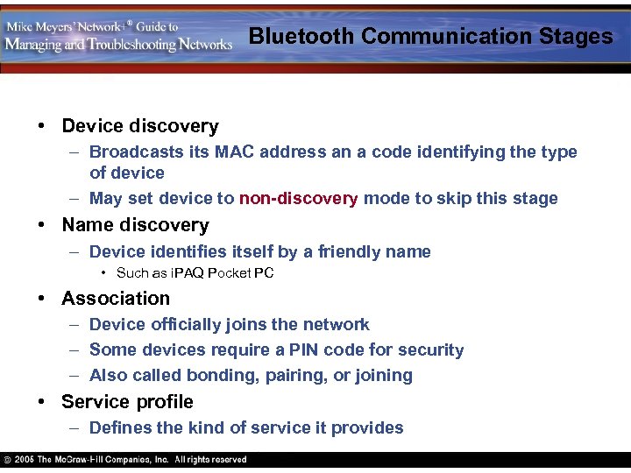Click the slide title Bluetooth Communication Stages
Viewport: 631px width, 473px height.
click(x=430, y=36)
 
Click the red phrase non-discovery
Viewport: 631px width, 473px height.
click(x=298, y=198)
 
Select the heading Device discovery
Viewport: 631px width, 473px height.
click(x=140, y=126)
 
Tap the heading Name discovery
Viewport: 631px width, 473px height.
click(x=135, y=225)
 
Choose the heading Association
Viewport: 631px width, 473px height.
click(x=116, y=298)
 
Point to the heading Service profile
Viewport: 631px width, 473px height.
click(x=127, y=401)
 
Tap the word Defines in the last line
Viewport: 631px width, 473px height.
click(x=119, y=427)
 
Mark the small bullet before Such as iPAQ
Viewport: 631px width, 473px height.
click(x=104, y=273)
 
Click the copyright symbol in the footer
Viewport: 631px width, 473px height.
click(x=8, y=460)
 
